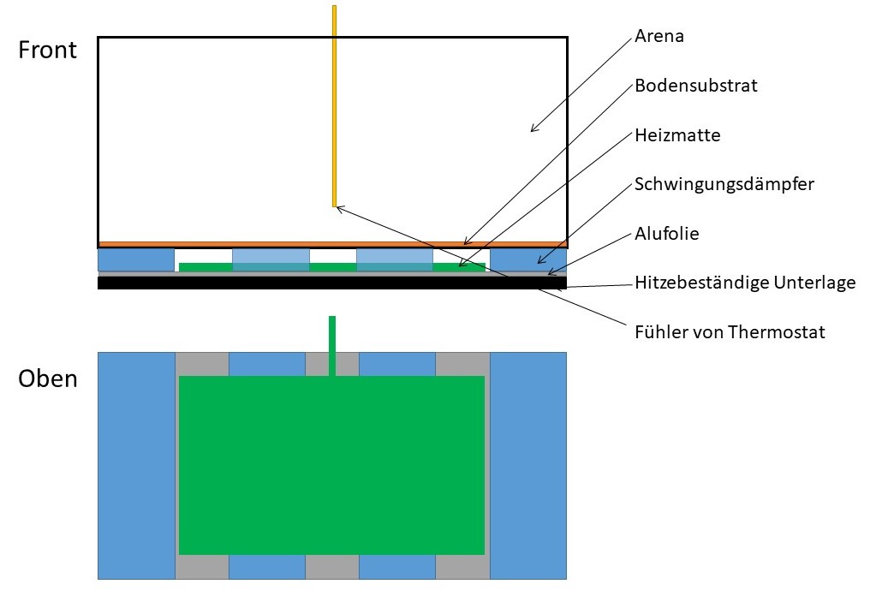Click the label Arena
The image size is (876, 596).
[x=659, y=37]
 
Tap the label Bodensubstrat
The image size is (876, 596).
[x=696, y=86]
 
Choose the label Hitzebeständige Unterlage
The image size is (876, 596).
[x=745, y=282]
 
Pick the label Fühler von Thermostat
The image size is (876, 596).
[x=730, y=331]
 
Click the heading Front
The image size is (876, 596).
[x=48, y=50]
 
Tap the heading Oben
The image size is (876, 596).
[x=48, y=378]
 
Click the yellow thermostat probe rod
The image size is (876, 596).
[x=334, y=103]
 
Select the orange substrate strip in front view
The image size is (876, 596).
[x=332, y=244]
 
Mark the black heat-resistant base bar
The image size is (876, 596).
[x=332, y=283]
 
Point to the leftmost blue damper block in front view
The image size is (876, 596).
[x=136, y=259]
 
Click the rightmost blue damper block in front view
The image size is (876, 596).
[x=527, y=259]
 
